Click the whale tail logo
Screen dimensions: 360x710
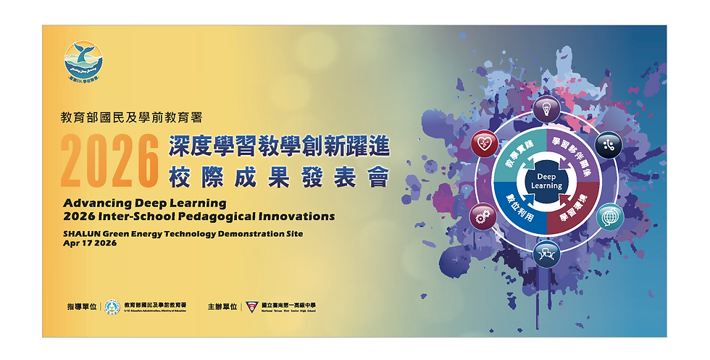[84, 59]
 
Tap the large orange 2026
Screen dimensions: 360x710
[109, 159]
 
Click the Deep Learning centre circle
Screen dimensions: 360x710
[546, 181]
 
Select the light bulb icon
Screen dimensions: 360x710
[546, 109]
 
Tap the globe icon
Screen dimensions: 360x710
[610, 217]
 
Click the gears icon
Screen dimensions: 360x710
[483, 217]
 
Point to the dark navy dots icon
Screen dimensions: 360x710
[609, 144]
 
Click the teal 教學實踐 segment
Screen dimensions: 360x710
[515, 157]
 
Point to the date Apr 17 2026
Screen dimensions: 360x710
[90, 244]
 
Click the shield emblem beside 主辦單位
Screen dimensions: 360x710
[251, 308]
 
